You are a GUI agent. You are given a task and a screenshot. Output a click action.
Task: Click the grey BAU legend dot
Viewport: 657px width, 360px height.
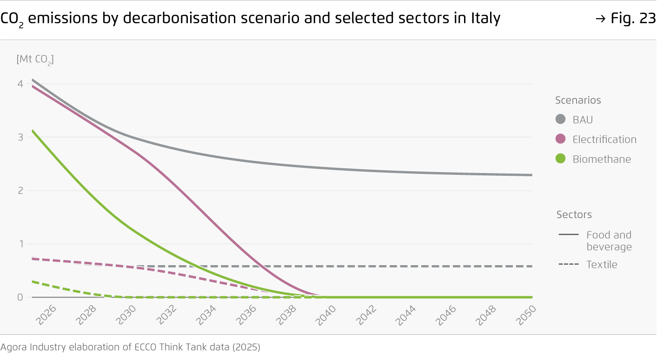[x=560, y=120]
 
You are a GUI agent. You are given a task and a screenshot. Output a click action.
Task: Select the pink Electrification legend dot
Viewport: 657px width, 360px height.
[x=560, y=139]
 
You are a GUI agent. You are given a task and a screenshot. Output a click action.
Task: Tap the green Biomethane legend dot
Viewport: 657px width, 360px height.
[x=560, y=159]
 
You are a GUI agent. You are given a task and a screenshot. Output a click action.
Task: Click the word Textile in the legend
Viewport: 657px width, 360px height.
[x=602, y=265]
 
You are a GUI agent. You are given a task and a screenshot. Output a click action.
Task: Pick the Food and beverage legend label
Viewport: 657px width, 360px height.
[x=609, y=240]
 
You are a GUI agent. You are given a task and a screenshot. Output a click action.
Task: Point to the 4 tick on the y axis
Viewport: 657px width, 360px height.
[x=20, y=84]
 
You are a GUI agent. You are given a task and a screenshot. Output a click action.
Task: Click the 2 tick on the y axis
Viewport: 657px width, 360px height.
[x=20, y=190]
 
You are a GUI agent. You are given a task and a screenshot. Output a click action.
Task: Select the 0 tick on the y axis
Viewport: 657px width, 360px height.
[x=20, y=297]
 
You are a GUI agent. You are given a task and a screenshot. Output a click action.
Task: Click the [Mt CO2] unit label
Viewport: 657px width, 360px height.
[x=35, y=60]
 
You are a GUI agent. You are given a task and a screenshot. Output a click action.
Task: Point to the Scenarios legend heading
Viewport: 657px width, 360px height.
[x=578, y=100]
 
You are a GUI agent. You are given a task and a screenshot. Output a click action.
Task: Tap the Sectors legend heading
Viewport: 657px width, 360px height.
[x=574, y=214]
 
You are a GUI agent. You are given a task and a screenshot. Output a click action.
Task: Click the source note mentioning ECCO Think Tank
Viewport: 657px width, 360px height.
[x=130, y=347]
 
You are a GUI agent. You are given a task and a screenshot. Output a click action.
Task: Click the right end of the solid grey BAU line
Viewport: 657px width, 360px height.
[x=531, y=175]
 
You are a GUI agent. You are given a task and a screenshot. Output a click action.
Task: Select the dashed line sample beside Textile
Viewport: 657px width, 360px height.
[x=568, y=265]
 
